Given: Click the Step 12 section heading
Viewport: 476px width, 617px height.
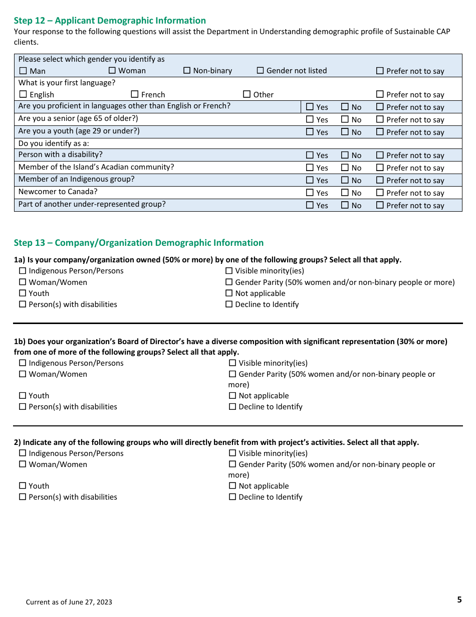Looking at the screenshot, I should tap(110, 21).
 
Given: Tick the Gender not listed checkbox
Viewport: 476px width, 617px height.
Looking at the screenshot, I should tap(260, 71).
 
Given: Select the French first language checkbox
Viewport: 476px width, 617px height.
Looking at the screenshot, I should tap(135, 94).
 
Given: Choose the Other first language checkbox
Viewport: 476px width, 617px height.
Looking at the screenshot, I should tap(247, 94).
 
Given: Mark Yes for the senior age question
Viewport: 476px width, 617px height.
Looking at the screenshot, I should tap(310, 119).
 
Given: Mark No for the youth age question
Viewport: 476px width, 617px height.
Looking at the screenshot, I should tap(345, 132).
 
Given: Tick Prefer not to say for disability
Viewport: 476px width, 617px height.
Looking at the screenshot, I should tap(380, 155).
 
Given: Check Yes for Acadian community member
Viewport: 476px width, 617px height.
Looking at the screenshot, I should tap(310, 168).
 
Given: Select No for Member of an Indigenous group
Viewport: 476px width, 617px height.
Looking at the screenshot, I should tap(345, 180).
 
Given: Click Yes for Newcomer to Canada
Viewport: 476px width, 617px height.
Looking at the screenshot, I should tap(310, 193).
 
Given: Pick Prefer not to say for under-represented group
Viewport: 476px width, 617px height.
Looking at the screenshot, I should tap(380, 205).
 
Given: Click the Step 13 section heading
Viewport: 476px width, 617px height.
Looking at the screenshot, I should tap(138, 243).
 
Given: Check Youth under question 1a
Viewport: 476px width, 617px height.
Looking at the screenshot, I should tap(23, 293).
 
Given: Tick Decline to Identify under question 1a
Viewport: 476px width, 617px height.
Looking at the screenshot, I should tap(229, 304).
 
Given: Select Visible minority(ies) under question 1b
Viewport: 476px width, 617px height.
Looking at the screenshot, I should tap(232, 363).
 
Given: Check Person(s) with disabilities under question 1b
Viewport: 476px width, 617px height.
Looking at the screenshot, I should tap(23, 407).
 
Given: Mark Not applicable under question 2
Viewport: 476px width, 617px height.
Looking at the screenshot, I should tap(232, 486).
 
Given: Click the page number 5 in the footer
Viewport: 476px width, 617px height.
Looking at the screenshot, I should tap(459, 599).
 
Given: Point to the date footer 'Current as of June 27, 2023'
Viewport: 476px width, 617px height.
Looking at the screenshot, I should tap(69, 602).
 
